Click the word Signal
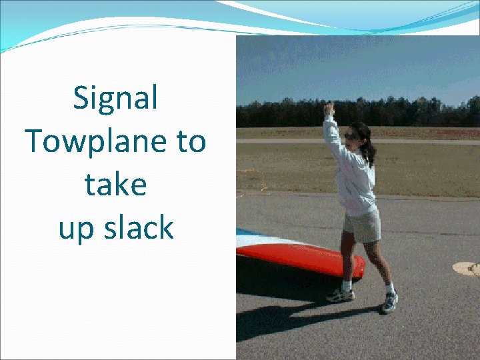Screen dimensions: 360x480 coord(115,99)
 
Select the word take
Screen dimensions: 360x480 coord(115,185)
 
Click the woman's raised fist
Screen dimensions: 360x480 coord(328,108)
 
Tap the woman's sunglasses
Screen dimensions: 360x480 coord(351,137)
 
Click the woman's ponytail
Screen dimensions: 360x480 coord(368,150)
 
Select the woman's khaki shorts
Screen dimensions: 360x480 coord(362,225)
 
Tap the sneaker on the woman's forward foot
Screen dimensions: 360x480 coord(390,303)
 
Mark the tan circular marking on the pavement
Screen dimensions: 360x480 coord(467,269)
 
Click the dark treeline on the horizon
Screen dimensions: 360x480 coord(400,113)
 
